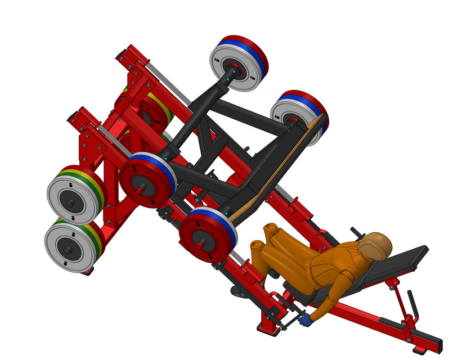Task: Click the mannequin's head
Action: point(374,246)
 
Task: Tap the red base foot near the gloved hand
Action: point(268,325)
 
